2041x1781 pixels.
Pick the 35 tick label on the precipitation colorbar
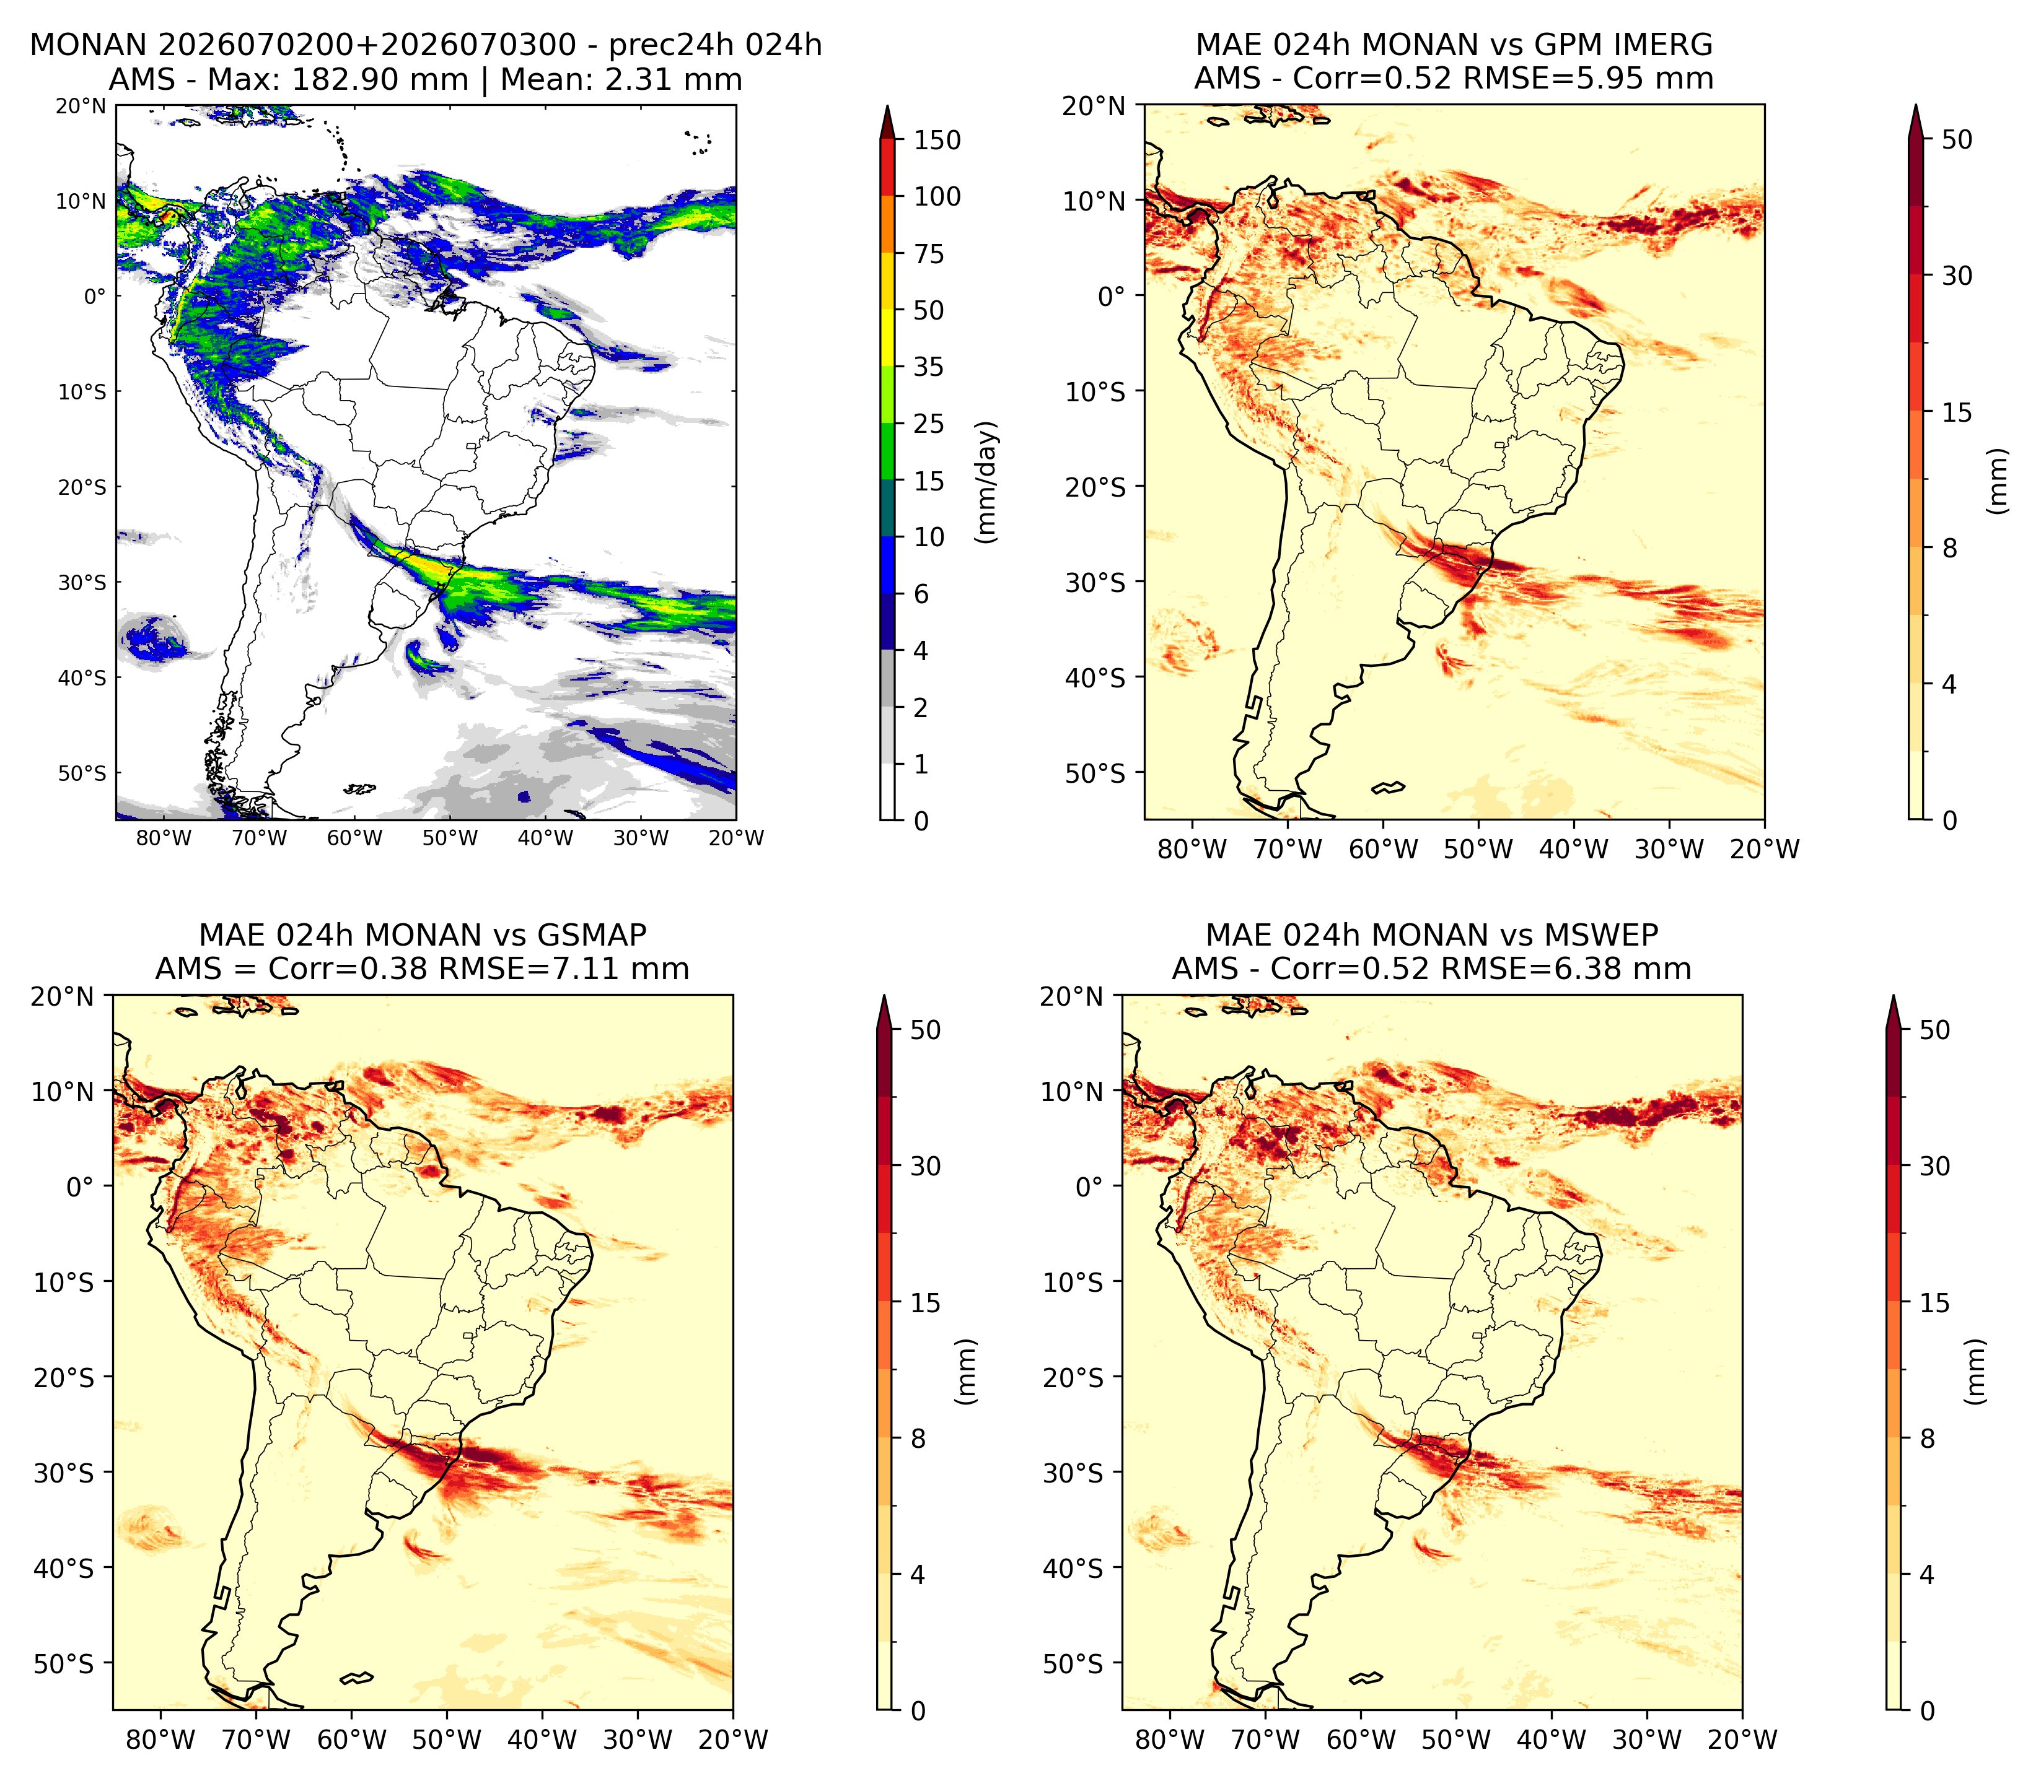tap(929, 367)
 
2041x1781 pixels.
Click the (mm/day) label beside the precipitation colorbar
tap(986, 482)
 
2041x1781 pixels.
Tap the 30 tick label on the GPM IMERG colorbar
tap(1957, 276)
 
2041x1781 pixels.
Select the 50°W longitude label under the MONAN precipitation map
tap(449, 838)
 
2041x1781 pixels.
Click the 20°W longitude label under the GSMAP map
tap(734, 1740)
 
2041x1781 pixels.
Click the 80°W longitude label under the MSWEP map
tap(1170, 1740)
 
